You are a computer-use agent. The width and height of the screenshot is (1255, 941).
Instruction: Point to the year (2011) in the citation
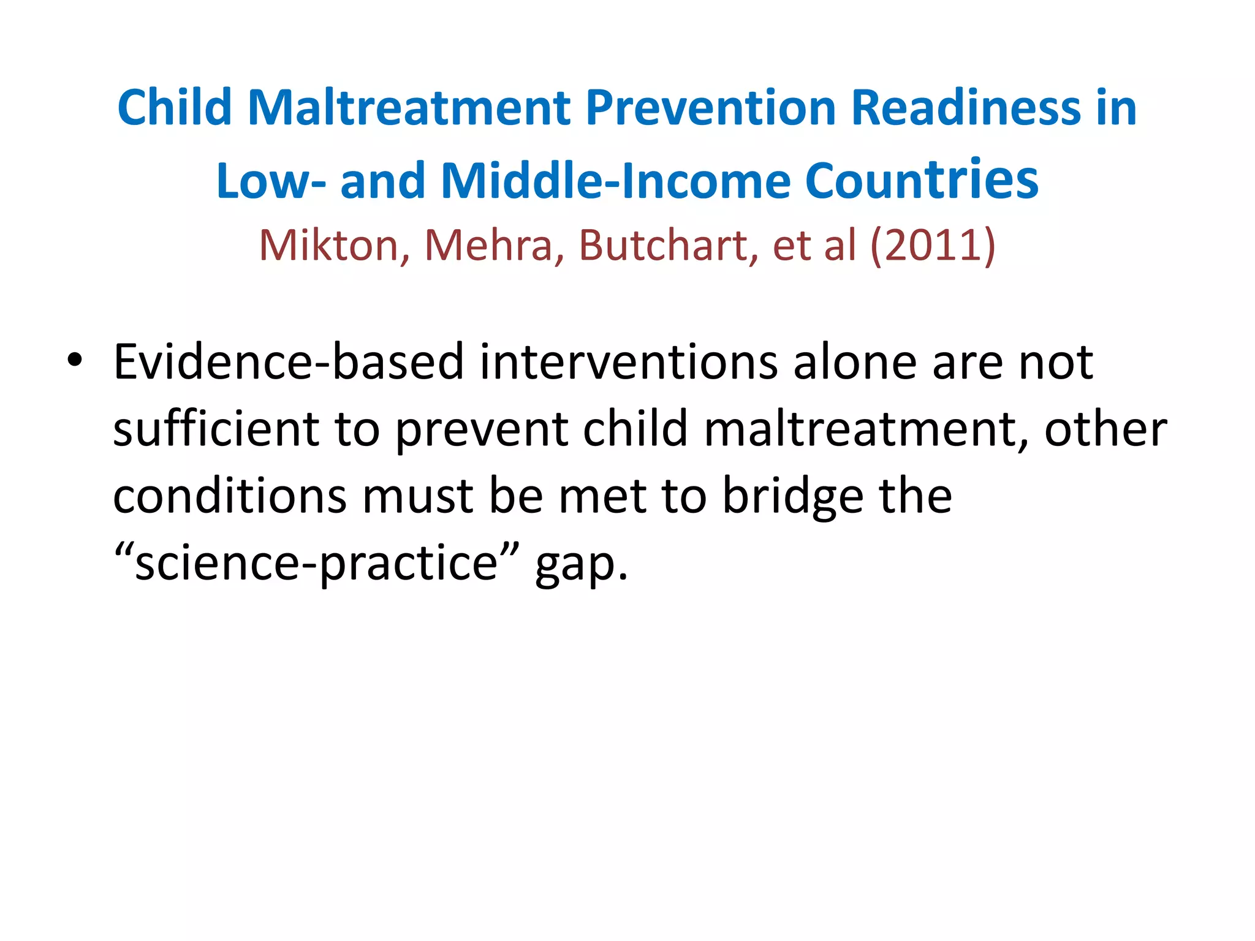[x=933, y=246]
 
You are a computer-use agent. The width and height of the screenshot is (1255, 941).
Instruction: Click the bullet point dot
[x=75, y=361]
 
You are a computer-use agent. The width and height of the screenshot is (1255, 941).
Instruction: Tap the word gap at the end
[x=581, y=566]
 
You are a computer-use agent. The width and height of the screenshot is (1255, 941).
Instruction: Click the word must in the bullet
[x=417, y=497]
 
